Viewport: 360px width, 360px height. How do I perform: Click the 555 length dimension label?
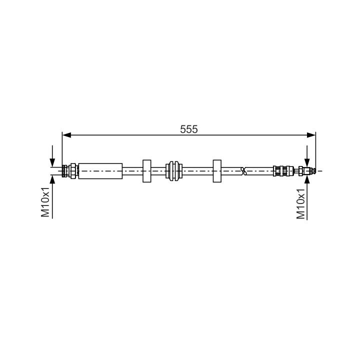pyautogui.click(x=188, y=129)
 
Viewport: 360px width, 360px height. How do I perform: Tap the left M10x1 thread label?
pyautogui.click(x=45, y=202)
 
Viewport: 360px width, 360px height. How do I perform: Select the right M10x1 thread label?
pyautogui.click(x=300, y=204)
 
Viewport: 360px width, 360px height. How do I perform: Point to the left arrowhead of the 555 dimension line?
pyautogui.click(x=66, y=135)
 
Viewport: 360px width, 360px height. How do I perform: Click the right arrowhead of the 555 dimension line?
pyautogui.click(x=311, y=135)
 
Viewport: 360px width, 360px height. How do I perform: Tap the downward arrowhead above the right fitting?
pyautogui.click(x=307, y=162)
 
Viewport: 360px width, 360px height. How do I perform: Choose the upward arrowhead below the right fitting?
pyautogui.click(x=307, y=179)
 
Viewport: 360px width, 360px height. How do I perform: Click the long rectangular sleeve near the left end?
pyautogui.click(x=100, y=171)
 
